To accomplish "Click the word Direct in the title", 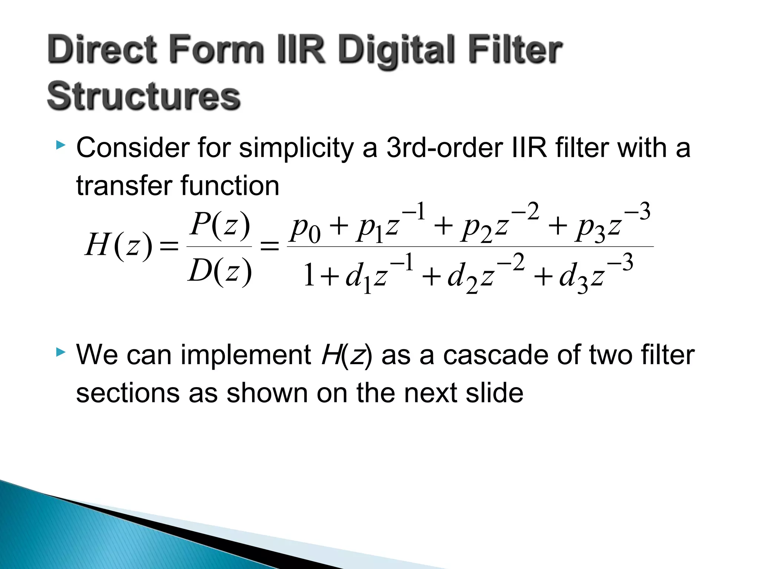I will tap(102, 50).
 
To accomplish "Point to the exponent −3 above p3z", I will tap(637, 212).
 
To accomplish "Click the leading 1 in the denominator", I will tap(309, 276).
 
